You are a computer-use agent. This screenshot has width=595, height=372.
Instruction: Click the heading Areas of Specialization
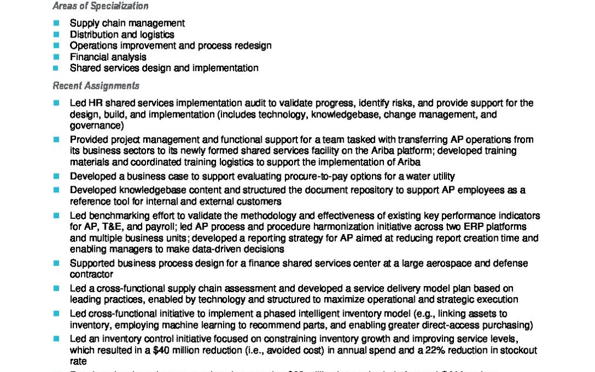coord(100,7)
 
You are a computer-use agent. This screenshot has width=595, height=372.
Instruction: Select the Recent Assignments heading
coord(96,86)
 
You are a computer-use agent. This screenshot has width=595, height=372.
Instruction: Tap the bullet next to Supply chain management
coord(56,23)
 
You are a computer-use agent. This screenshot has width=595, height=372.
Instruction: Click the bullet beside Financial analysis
coord(56,57)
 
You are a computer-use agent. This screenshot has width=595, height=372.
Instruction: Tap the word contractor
coord(91,274)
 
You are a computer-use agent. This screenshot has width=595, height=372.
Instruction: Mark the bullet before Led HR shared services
coord(56,103)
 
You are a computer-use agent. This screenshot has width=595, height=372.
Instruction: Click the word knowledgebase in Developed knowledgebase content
coord(145,190)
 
